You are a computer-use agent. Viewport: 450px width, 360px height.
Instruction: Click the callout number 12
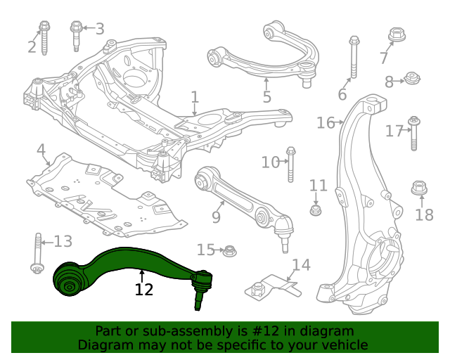click(x=144, y=289)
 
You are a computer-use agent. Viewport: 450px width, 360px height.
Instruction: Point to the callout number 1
click(x=195, y=98)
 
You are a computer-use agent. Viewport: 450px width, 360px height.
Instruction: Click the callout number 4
click(x=41, y=150)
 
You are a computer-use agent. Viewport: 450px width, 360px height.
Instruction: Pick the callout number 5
click(x=266, y=97)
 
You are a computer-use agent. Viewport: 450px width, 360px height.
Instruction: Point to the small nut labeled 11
click(x=316, y=210)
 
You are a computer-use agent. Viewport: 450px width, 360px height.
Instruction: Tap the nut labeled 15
click(x=229, y=250)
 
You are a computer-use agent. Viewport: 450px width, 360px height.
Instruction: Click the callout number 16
click(x=325, y=123)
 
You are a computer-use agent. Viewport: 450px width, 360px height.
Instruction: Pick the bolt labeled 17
click(x=414, y=133)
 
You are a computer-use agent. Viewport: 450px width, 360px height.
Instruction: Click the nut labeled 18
click(x=420, y=189)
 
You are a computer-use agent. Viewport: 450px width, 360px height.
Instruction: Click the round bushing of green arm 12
click(x=69, y=281)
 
